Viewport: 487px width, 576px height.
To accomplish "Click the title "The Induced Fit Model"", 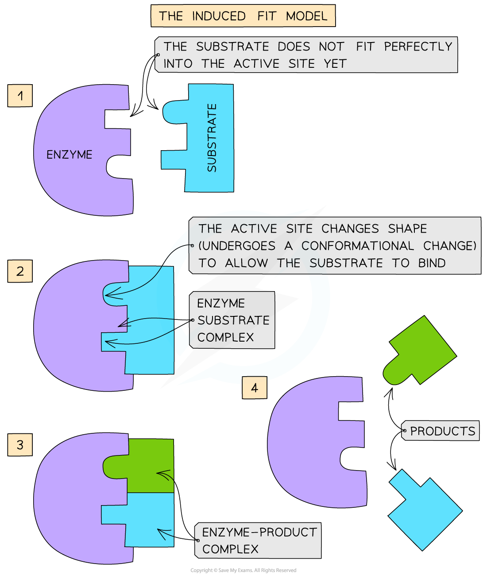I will [243, 16].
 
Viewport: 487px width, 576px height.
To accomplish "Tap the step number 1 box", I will [20, 96].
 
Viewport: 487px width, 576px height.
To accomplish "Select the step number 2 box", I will [20, 271].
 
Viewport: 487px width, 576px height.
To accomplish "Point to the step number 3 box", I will [20, 445].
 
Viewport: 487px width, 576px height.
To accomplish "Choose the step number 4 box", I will [255, 388].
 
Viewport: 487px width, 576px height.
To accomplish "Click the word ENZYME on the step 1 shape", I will [70, 155].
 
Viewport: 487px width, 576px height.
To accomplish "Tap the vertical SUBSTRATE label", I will [212, 138].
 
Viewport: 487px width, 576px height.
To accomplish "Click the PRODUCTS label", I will [442, 431].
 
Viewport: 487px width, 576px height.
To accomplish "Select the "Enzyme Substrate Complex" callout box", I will [232, 320].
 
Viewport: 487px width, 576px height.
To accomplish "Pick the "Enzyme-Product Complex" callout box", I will [259, 541].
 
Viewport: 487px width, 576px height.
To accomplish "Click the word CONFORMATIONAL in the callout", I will [358, 246].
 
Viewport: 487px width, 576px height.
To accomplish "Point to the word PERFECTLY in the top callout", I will [418, 47].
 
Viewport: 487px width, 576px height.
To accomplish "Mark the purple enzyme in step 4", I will [310, 443].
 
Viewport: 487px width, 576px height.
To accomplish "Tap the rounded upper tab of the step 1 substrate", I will [175, 112].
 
